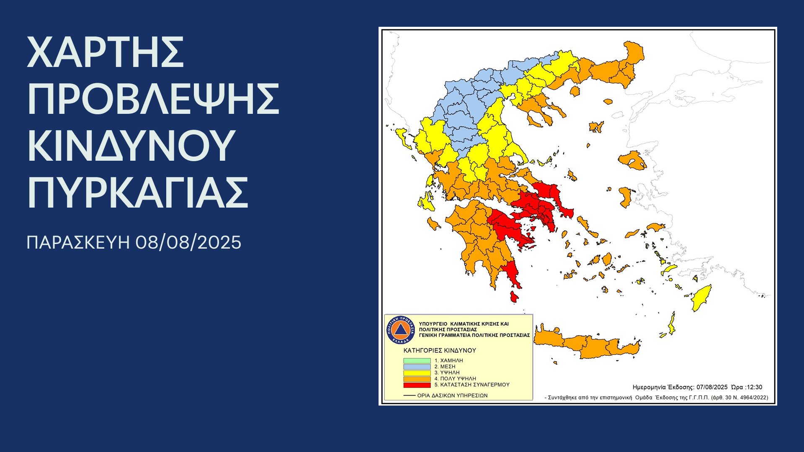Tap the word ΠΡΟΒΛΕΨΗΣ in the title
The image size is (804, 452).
(x=153, y=99)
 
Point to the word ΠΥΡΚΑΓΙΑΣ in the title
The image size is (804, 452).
(x=138, y=193)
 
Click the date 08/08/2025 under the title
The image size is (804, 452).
(x=188, y=243)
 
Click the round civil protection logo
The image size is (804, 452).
(x=400, y=330)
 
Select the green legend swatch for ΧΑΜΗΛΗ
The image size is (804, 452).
(x=417, y=361)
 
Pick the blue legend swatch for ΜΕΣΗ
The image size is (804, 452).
(x=417, y=367)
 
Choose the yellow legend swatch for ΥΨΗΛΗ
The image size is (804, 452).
(x=417, y=372)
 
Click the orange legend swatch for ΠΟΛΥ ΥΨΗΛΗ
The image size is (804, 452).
(x=417, y=379)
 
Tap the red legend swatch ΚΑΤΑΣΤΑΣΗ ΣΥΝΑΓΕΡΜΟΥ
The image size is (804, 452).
(x=417, y=385)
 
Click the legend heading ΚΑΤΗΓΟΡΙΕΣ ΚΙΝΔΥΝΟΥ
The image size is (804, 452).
(x=440, y=350)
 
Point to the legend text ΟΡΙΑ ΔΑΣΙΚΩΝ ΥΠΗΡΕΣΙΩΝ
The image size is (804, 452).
(x=452, y=395)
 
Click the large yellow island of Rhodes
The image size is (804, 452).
(x=702, y=298)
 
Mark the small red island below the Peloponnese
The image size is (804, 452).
(x=514, y=298)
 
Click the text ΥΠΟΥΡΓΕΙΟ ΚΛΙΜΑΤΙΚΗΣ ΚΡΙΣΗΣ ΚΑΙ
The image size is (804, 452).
(x=464, y=324)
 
